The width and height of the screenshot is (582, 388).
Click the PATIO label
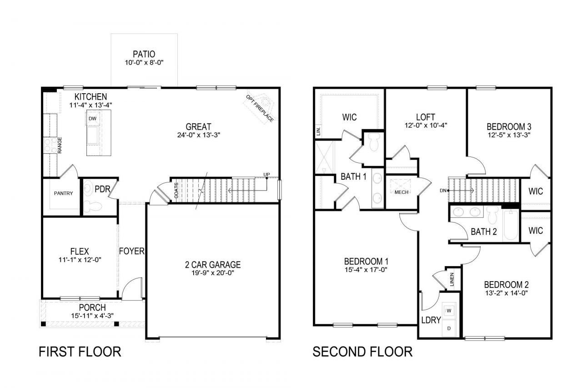click(x=144, y=54)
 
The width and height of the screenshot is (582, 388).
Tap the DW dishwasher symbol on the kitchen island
click(x=92, y=119)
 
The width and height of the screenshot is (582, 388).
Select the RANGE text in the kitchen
click(x=60, y=145)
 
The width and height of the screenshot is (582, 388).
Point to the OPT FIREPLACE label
click(x=260, y=109)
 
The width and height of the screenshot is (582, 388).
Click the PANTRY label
click(x=63, y=193)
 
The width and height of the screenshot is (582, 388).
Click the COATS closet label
click(x=176, y=191)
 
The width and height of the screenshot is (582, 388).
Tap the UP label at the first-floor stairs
click(x=266, y=174)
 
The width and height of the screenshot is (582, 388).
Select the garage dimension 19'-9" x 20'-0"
click(x=213, y=273)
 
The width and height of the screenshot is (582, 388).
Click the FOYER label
click(x=132, y=251)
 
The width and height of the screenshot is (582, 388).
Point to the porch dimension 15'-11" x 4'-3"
click(x=92, y=316)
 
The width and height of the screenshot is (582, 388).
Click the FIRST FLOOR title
click(x=80, y=352)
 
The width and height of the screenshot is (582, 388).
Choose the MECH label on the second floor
click(x=401, y=192)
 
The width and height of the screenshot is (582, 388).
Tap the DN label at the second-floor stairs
click(x=443, y=191)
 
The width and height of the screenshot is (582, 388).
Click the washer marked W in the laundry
click(x=449, y=311)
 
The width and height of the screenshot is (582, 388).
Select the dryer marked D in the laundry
click(x=449, y=328)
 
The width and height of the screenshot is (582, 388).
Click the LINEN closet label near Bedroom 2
click(x=452, y=279)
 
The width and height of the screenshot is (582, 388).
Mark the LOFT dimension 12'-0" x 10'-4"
click(x=426, y=125)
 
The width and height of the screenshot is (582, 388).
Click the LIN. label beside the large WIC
click(x=319, y=131)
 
